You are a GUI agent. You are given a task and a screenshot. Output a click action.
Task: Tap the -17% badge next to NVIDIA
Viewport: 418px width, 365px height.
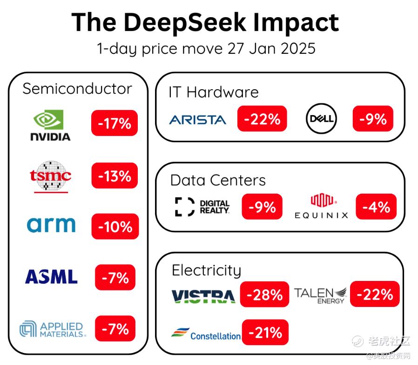click(x=115, y=123)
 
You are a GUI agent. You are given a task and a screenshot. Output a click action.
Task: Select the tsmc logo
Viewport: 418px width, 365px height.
click(x=50, y=176)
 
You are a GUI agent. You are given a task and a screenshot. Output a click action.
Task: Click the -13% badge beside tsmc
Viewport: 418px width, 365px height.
click(x=115, y=176)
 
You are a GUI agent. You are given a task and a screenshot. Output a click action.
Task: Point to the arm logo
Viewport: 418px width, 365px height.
click(x=51, y=225)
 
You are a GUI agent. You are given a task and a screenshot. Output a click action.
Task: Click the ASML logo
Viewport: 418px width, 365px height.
click(x=51, y=277)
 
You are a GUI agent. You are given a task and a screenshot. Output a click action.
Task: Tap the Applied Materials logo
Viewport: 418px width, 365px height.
click(x=53, y=329)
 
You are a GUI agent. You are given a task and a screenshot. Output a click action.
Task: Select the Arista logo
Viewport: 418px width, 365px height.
click(x=198, y=119)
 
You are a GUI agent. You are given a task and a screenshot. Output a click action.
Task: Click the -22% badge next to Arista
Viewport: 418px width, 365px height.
click(x=262, y=119)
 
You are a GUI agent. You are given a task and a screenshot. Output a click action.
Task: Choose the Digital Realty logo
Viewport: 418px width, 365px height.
click(x=202, y=207)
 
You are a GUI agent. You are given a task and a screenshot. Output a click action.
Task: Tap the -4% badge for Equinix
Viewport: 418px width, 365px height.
click(x=376, y=207)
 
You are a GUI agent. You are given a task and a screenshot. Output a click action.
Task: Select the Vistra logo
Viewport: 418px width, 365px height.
click(x=203, y=296)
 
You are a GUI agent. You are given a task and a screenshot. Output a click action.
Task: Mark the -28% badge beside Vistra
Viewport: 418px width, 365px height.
click(x=264, y=294)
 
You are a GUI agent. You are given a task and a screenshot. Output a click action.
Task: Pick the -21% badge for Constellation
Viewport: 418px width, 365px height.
click(x=265, y=332)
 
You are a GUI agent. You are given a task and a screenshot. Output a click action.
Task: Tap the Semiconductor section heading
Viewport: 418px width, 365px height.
click(x=77, y=89)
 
